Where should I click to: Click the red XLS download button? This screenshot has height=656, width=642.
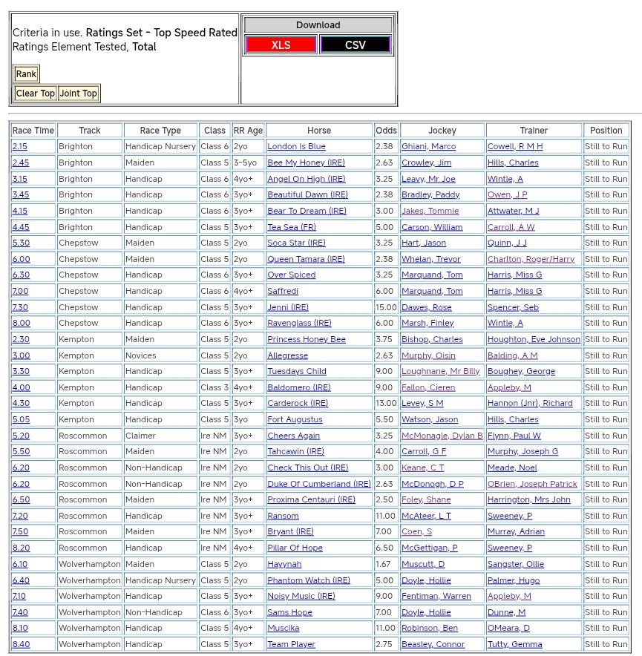[281, 45]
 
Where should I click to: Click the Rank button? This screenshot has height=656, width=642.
[26, 73]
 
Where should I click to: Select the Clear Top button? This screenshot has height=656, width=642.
[36, 93]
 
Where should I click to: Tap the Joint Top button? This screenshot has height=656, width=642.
[79, 93]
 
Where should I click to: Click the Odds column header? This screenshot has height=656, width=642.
[386, 131]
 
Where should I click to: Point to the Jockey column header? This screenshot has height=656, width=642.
[442, 131]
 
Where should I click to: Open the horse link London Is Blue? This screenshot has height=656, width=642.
[296, 147]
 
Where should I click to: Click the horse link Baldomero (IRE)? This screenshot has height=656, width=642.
[298, 387]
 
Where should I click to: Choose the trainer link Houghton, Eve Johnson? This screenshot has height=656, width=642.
[534, 339]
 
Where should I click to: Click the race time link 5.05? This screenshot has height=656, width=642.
[21, 420]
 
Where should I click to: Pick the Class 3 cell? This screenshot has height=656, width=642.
[214, 387]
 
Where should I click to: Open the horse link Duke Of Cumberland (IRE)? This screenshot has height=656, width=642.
[319, 484]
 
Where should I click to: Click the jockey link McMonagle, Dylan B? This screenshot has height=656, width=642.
[442, 436]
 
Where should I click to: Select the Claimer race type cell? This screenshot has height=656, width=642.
[140, 436]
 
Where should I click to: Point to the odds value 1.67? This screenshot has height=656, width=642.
[384, 564]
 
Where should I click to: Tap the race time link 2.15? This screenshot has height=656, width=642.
[19, 147]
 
